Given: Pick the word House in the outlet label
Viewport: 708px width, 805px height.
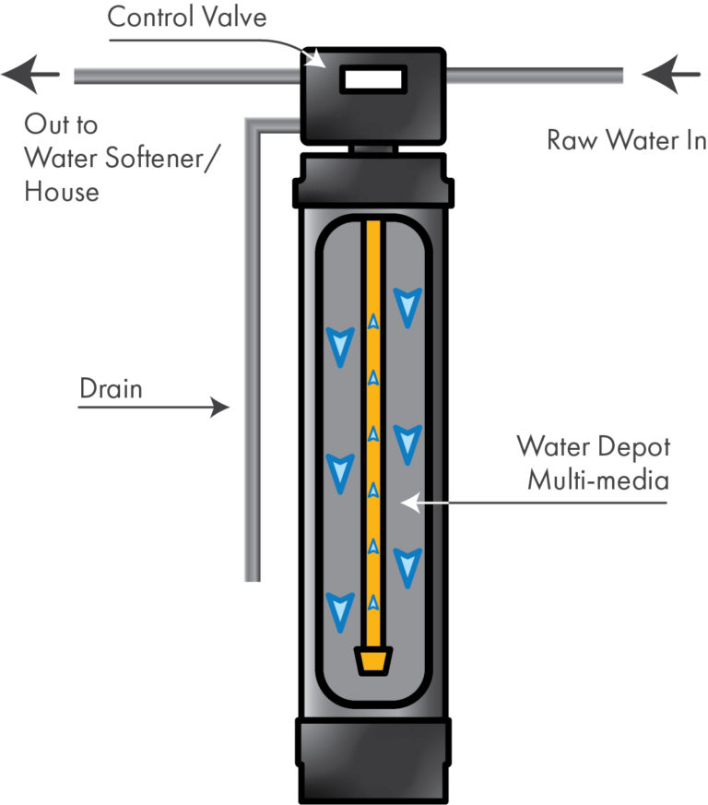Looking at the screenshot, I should click(x=61, y=192).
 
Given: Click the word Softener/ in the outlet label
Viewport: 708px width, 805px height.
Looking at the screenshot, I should click(x=162, y=158).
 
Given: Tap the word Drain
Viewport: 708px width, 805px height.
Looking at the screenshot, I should click(x=111, y=388).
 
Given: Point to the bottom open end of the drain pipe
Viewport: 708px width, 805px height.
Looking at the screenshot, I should click(x=253, y=576).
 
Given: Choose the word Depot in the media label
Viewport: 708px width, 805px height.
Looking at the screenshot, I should click(x=637, y=447).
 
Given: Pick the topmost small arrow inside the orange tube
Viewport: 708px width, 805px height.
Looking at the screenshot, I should click(x=372, y=322).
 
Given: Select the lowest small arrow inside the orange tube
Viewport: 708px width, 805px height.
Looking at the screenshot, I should click(x=372, y=603).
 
